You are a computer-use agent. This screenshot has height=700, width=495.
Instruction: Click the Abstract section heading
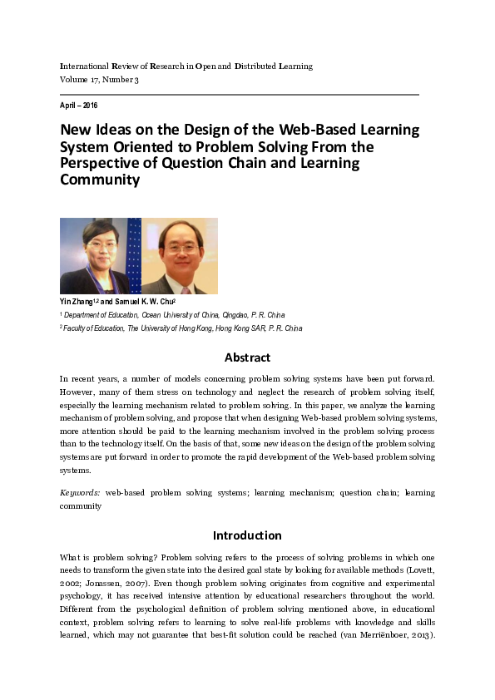pos(247,357)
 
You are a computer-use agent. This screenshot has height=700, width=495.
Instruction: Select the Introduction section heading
pos(247,535)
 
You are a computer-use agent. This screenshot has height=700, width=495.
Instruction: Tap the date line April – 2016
pos(79,106)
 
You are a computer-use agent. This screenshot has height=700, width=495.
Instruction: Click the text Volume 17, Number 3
pos(99,79)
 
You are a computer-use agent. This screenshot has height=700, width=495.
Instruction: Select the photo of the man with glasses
pos(179,256)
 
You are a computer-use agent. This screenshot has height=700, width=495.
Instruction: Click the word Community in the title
pos(99,180)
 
